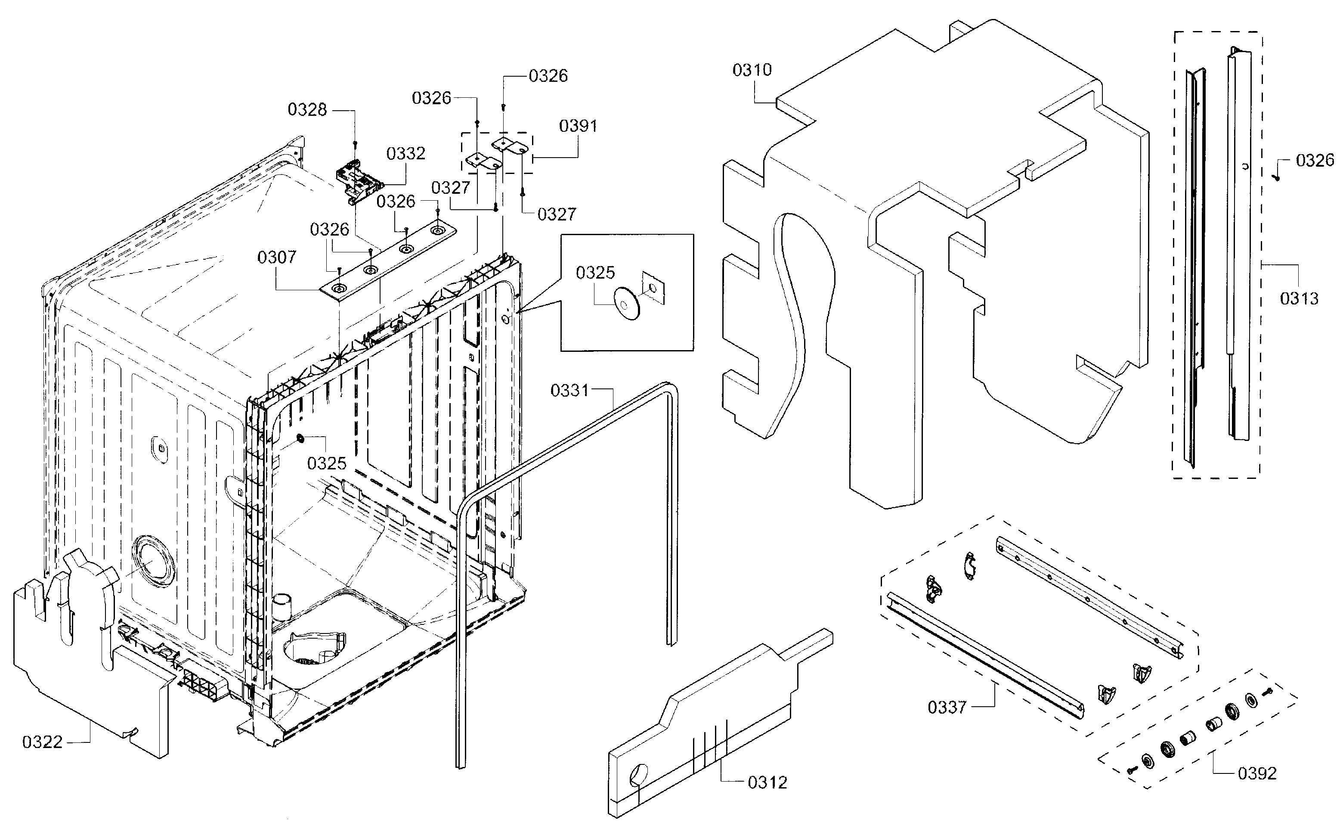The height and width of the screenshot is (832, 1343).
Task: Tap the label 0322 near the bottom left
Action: click(x=42, y=742)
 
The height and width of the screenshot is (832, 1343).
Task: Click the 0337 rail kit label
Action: click(x=947, y=707)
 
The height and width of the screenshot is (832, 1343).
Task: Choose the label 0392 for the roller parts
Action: click(x=1257, y=774)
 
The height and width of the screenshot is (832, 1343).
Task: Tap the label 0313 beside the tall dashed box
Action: click(x=1299, y=299)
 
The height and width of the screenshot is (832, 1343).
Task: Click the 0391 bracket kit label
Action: click(x=578, y=126)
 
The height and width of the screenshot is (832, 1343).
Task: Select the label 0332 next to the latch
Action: click(x=406, y=153)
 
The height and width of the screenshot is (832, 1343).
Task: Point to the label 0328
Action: click(x=307, y=110)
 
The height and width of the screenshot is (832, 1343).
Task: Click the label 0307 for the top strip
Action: click(x=277, y=257)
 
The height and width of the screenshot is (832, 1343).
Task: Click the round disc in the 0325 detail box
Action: click(x=626, y=303)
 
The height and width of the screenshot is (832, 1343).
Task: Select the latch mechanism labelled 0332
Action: click(x=359, y=179)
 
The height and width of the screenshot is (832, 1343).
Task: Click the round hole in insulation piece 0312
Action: click(x=638, y=775)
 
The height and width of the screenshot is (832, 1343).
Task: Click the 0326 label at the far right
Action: click(x=1315, y=161)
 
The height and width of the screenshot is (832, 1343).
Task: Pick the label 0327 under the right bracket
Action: click(x=557, y=214)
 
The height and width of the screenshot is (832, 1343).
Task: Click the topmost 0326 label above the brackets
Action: click(x=548, y=76)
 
